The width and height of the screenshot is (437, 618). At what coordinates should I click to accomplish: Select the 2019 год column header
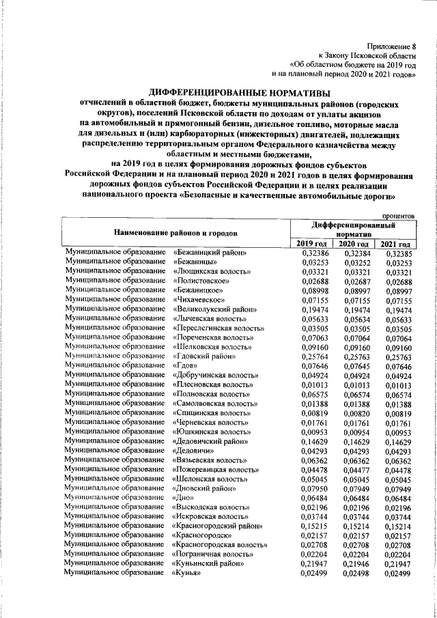point(314,244)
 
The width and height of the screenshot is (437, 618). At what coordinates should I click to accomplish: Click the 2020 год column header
point(355,244)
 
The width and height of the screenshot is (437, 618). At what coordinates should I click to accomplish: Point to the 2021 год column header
point(396,244)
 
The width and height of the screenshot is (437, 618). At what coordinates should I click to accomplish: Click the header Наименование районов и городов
point(175,232)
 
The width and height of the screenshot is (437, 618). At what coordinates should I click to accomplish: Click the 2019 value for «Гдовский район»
point(314,356)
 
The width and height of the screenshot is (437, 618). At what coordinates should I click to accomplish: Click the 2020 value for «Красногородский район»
point(355,524)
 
